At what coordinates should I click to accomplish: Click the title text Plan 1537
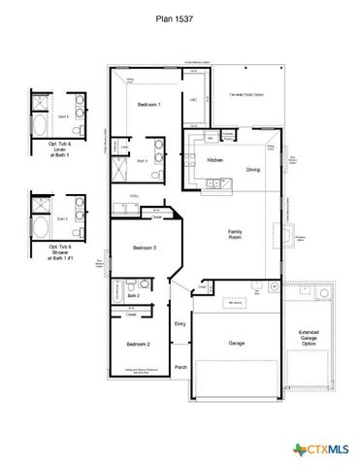pos(180,17)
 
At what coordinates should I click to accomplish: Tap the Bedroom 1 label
pos(148,104)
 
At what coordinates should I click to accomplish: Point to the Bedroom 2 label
pos(137,345)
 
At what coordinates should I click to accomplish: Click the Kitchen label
pos(214,160)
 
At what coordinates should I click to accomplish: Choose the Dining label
pos(252,170)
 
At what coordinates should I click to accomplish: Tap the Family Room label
pos(235,234)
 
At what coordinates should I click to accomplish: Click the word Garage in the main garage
pos(236,344)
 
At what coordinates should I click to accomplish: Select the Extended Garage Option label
pos(309,339)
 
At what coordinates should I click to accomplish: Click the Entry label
pos(180,324)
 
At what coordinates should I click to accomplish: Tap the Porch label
pos(180,367)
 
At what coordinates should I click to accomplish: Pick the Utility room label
pos(133,195)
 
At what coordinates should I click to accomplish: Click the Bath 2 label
pos(133,295)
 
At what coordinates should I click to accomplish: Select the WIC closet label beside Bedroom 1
pos(193,100)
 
